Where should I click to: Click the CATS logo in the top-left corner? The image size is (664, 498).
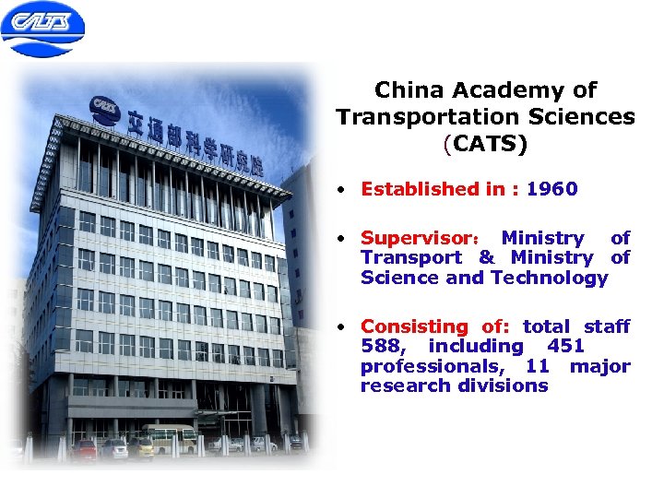42,29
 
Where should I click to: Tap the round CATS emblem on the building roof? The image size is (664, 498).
104,110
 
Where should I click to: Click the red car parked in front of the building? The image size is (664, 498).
86,449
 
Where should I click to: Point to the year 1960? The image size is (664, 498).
553,189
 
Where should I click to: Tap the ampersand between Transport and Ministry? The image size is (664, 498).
486,258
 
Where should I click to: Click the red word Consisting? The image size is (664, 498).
414,326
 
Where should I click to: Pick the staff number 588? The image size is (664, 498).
382,346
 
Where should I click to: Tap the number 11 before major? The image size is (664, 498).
539,365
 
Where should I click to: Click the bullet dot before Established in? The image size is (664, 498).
341,189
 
